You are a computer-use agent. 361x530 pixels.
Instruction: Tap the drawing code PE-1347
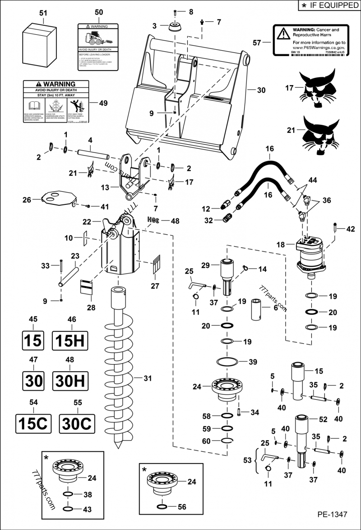tap(331, 515)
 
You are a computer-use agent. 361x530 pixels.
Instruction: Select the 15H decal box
tap(70, 341)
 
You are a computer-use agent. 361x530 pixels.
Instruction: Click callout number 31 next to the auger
tap(148, 378)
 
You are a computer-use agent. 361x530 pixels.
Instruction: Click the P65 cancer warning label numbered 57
tap(310, 41)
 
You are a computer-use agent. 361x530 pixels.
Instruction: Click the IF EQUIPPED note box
tap(328, 5)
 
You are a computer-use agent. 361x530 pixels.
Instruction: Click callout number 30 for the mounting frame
tap(261, 90)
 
